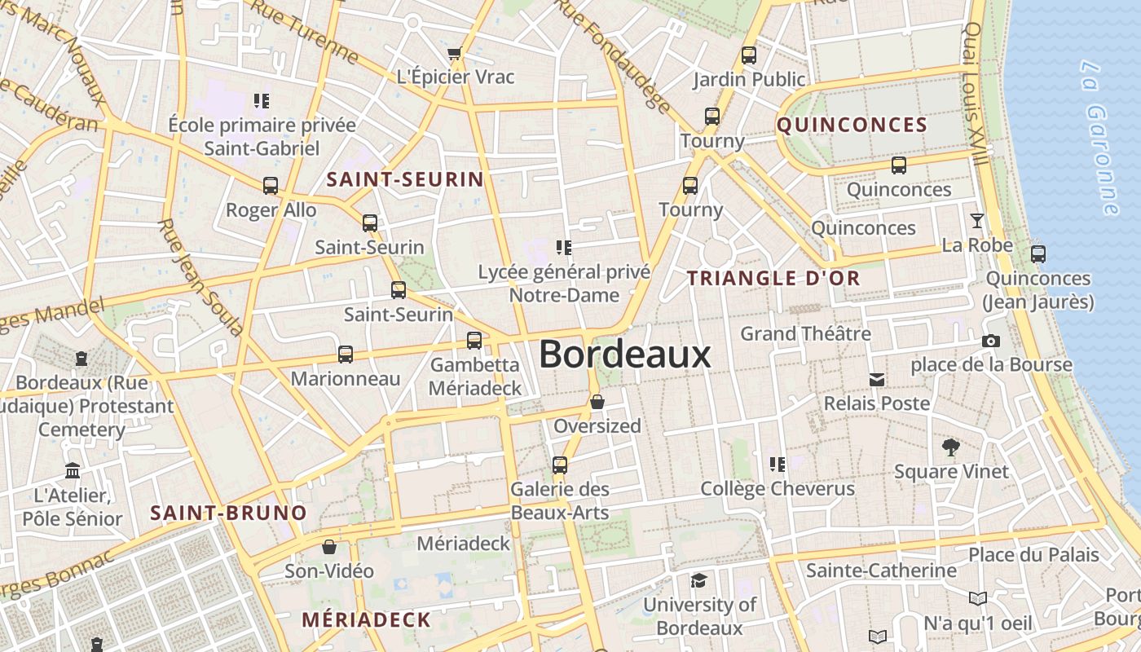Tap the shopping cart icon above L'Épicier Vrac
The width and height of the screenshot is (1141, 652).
455,54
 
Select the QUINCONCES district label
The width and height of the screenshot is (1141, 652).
852,125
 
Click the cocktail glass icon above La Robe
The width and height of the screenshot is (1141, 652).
976,220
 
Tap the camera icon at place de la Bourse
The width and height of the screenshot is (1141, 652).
991,341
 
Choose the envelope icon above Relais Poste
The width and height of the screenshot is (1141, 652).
877,379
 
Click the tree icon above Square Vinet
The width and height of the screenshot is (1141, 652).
950,447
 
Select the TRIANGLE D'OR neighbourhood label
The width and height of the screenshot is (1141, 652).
773,278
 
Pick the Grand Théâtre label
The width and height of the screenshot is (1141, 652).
805,333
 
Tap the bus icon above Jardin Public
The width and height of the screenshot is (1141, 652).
748,55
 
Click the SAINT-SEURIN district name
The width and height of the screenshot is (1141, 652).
405,179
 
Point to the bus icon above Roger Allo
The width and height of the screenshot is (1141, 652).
271,186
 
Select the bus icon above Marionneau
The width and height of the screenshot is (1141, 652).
346,355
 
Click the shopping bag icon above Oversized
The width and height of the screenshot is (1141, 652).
597,402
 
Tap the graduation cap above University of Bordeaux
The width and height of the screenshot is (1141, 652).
699,580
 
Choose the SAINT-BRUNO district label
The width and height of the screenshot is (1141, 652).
229,513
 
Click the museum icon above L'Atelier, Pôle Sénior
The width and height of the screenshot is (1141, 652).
73,471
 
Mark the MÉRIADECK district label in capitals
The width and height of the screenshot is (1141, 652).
366,619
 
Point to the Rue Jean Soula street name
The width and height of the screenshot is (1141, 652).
200,277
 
